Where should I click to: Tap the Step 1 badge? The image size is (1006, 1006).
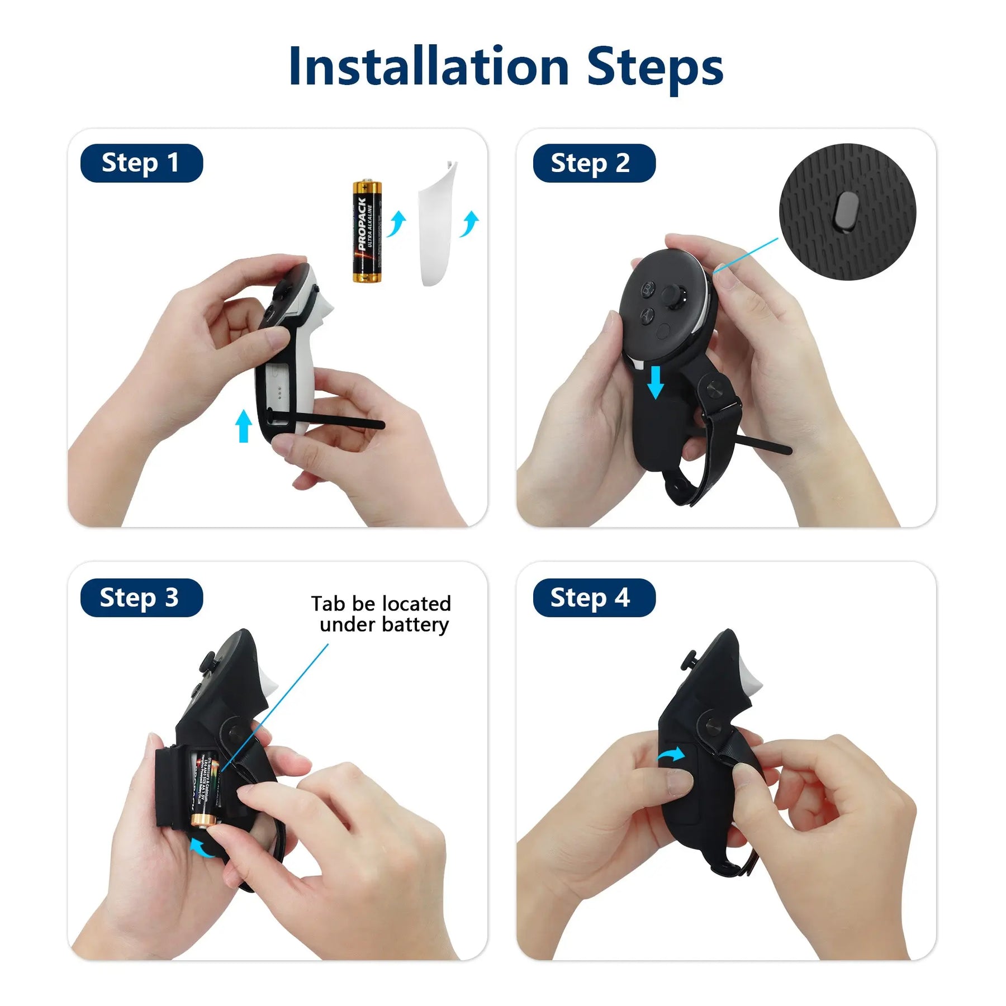click(x=141, y=163)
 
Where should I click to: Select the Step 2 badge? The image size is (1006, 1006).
click(x=594, y=163)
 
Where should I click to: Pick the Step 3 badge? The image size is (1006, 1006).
click(x=141, y=597)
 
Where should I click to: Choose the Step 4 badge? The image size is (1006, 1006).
click(x=594, y=597)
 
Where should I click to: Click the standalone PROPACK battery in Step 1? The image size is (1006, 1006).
click(x=367, y=231)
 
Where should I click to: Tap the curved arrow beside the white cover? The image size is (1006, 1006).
click(x=469, y=223)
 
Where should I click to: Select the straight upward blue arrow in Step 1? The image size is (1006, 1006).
click(x=243, y=426)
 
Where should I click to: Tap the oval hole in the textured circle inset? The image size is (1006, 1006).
click(x=847, y=211)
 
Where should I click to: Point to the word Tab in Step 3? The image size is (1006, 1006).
click(x=328, y=604)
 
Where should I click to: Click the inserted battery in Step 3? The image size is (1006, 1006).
click(x=205, y=788)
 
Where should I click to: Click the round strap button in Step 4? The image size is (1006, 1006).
click(x=712, y=728)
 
